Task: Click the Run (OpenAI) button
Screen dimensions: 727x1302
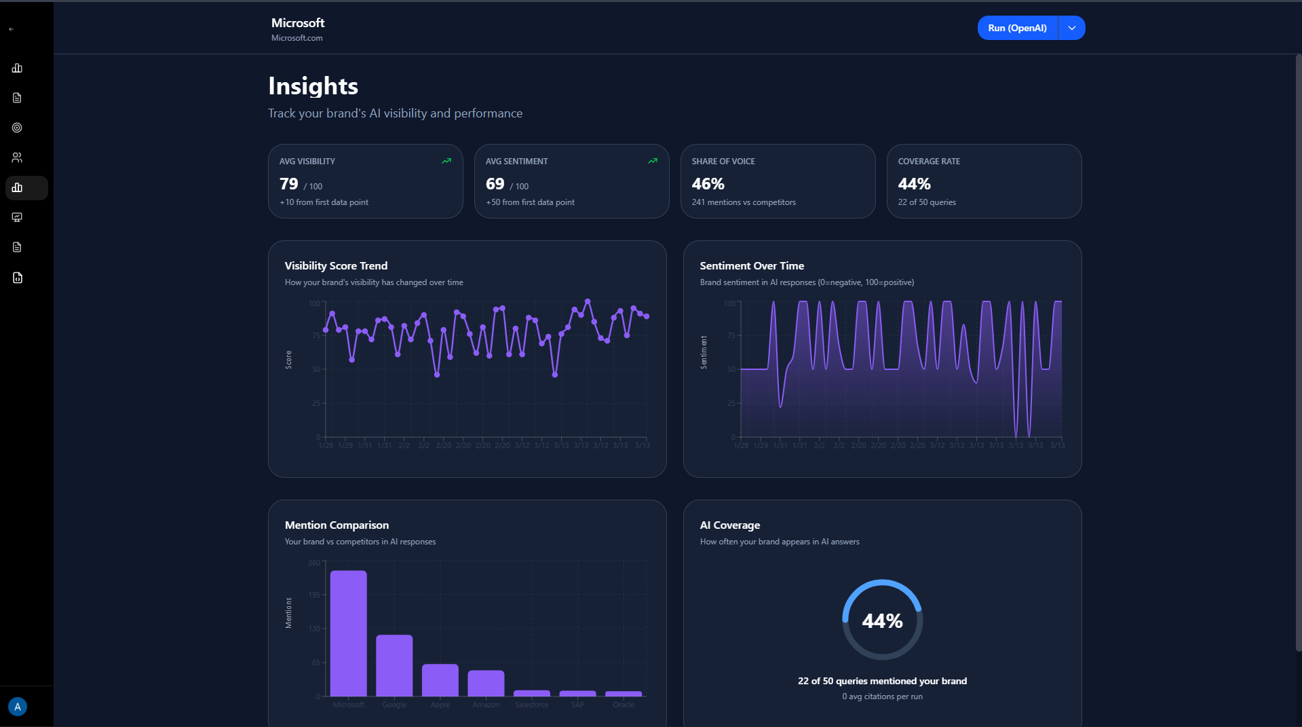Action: click(1017, 28)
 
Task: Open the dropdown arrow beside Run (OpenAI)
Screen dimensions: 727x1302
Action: click(1072, 28)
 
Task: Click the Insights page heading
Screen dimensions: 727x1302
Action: click(313, 86)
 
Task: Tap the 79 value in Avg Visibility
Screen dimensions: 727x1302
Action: click(288, 184)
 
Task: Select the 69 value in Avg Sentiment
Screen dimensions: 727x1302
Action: click(495, 184)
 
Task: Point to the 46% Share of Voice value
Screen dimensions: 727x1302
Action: click(708, 184)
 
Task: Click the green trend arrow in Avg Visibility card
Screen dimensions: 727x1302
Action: click(446, 161)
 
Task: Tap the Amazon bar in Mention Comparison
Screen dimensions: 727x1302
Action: click(486, 683)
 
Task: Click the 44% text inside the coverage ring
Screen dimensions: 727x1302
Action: click(882, 620)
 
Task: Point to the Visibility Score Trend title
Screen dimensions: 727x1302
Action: click(336, 266)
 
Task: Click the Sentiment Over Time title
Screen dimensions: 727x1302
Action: click(752, 266)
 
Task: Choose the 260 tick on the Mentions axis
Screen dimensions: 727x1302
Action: click(313, 563)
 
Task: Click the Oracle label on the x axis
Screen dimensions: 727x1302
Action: click(623, 705)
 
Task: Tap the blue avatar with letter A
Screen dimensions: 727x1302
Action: click(18, 707)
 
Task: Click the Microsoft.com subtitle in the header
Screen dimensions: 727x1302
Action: click(296, 38)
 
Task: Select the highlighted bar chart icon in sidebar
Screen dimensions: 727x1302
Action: click(18, 188)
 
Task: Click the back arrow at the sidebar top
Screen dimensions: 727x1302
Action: click(12, 29)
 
